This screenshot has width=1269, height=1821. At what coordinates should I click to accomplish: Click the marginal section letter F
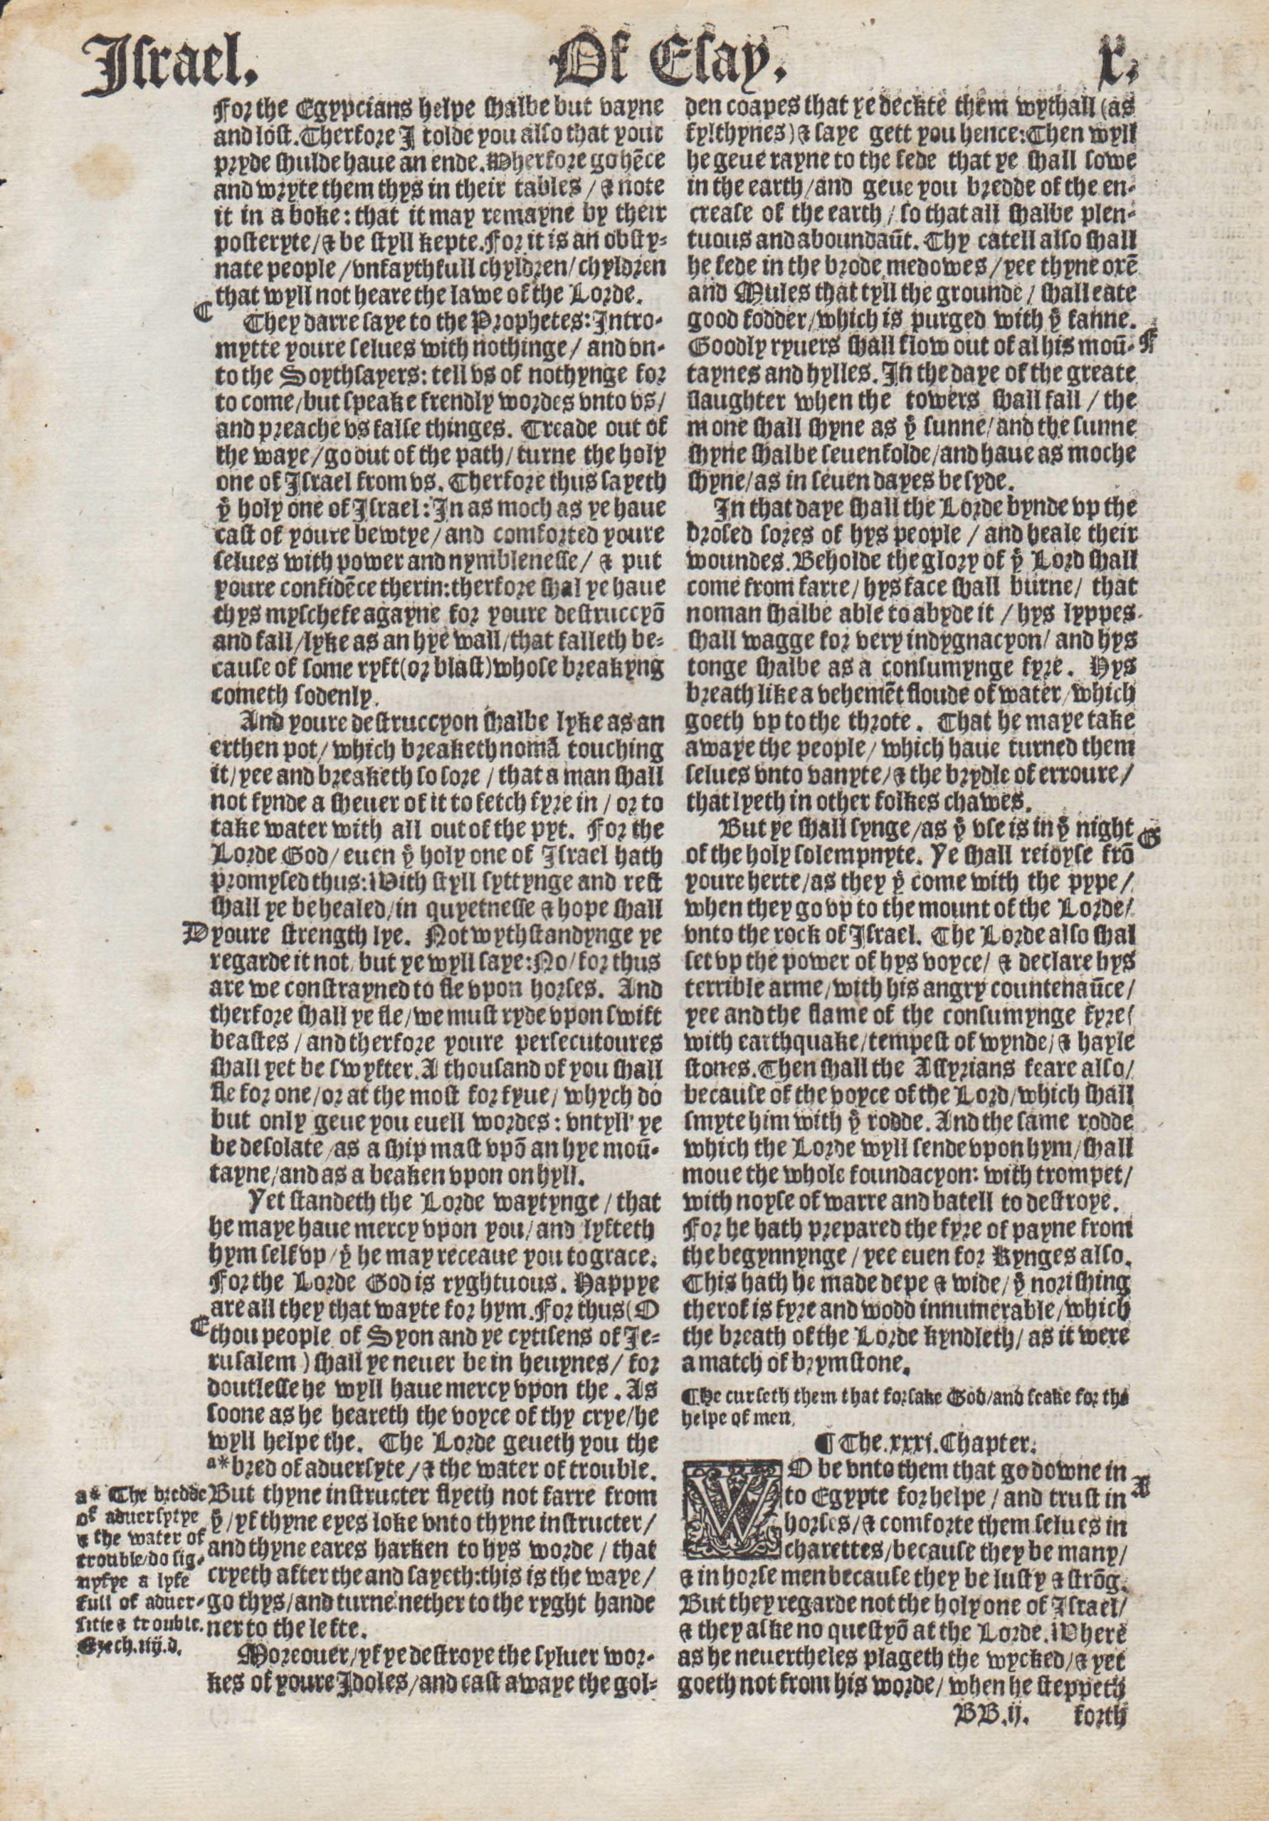tap(1144, 344)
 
